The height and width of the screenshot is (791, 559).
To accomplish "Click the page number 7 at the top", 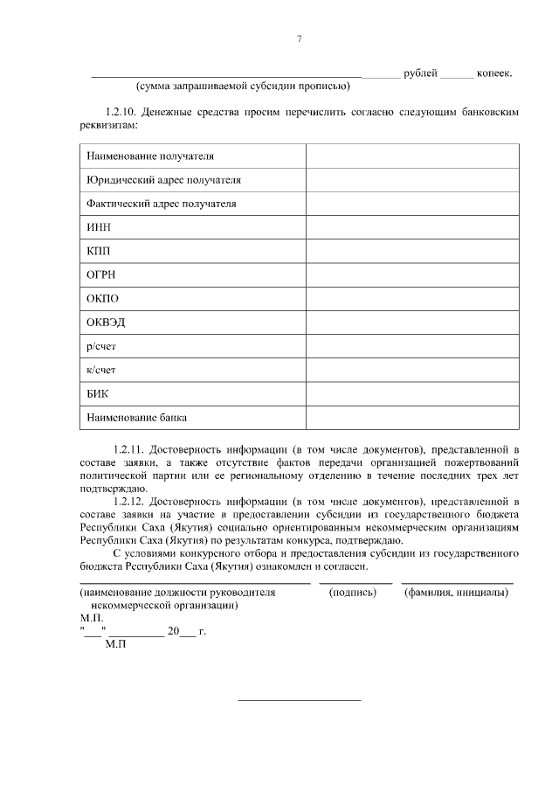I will (x=299, y=39).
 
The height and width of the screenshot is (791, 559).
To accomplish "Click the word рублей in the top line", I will (x=420, y=73).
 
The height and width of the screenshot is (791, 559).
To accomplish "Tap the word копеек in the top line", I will (x=493, y=73).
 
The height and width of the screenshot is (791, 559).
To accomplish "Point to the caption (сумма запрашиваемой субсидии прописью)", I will (x=243, y=86).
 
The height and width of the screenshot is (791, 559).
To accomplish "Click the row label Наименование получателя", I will (x=150, y=156).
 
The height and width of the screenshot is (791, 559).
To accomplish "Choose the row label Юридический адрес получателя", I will (x=163, y=180).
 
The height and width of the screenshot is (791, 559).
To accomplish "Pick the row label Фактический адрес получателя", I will (x=162, y=204).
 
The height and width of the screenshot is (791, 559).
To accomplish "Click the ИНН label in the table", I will (x=99, y=227).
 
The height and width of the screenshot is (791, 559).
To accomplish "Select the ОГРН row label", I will (x=101, y=274).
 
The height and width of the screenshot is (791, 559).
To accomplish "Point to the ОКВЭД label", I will (x=106, y=322).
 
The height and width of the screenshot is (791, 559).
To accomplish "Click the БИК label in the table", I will (x=98, y=393).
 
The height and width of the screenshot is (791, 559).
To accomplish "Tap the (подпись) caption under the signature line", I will (x=352, y=592).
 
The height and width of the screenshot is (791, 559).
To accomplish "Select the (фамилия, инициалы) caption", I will (x=456, y=592).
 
